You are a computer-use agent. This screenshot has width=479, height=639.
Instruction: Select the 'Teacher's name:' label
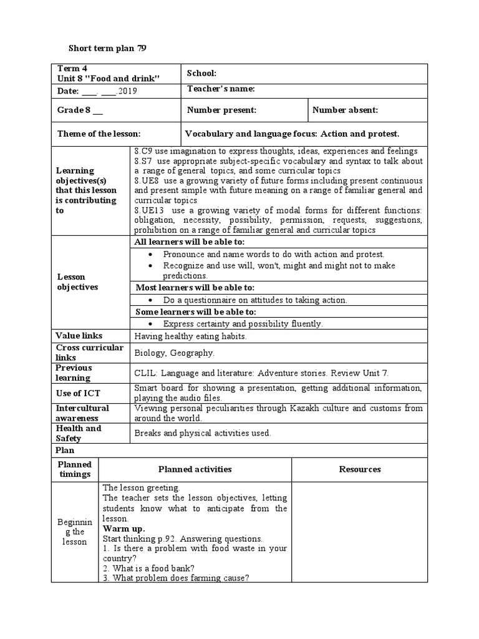tap(221, 89)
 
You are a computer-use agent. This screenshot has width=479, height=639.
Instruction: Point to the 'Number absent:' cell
tap(345, 110)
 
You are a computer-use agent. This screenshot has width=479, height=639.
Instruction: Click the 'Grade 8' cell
tap(79, 110)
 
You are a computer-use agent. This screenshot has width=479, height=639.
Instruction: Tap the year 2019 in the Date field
tap(127, 91)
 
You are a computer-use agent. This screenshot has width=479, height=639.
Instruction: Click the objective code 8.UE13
tap(148, 210)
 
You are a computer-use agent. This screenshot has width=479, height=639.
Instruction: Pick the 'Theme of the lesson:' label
tap(99, 134)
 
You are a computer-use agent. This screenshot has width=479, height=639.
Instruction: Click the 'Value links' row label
tap(79, 336)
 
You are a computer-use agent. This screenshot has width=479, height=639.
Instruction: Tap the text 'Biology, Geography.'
tap(174, 353)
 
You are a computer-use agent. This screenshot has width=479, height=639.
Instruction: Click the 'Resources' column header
tap(360, 469)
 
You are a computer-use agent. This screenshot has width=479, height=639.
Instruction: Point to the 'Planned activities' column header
tap(195, 469)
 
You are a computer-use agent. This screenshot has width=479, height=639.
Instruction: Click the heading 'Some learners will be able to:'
tap(196, 312)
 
